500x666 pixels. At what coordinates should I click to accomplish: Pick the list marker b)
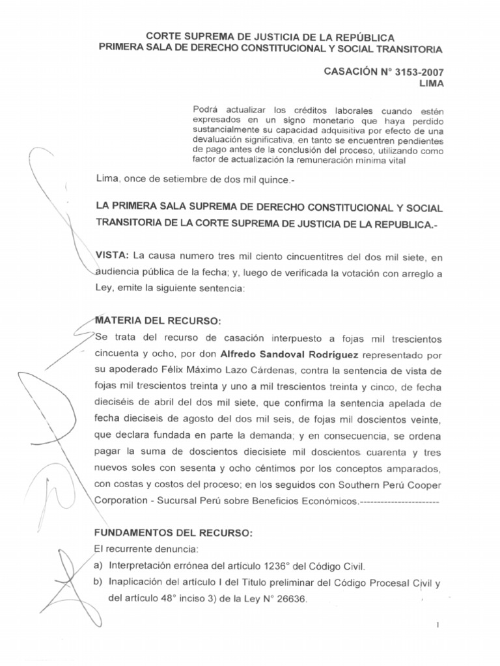click(99, 582)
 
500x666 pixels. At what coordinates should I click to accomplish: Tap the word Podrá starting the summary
click(207, 109)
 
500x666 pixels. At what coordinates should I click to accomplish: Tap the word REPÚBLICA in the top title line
click(361, 38)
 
